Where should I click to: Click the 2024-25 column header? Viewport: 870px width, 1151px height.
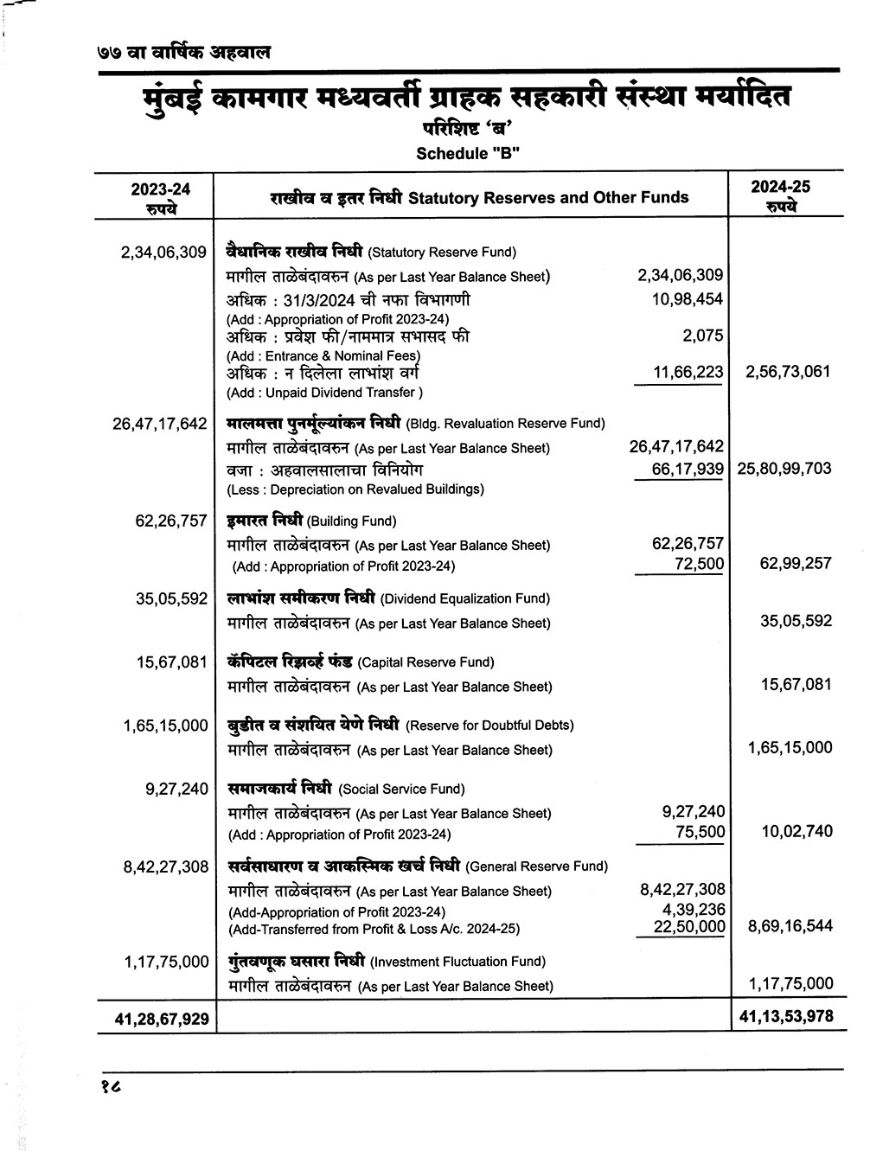[781, 195]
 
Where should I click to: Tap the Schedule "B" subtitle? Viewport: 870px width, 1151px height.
[468, 154]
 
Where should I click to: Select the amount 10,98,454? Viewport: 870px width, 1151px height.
[687, 299]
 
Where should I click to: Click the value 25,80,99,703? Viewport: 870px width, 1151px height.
[784, 469]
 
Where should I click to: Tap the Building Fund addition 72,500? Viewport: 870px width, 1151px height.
[699, 564]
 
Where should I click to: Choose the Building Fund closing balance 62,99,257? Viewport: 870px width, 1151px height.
[795, 564]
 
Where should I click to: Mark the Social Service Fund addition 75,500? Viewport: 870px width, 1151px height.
[699, 832]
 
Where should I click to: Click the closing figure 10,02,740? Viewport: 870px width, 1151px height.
[795, 832]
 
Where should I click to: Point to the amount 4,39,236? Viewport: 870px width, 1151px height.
[693, 910]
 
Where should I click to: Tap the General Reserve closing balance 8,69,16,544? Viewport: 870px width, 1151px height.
[790, 926]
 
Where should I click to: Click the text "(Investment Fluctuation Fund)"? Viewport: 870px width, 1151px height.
[457, 962]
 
